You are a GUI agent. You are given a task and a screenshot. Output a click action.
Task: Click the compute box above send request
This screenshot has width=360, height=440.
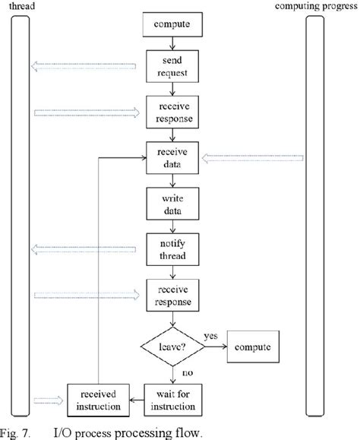173,26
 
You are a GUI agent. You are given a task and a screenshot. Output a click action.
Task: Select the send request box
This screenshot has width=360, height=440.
173,67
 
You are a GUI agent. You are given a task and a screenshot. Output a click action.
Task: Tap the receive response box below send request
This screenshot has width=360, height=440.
173,112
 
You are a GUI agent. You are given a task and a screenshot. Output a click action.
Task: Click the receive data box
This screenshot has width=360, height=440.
173,158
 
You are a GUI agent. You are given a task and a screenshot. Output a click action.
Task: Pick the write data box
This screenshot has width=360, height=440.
173,204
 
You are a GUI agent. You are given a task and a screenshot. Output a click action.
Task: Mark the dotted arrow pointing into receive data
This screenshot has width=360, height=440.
254,158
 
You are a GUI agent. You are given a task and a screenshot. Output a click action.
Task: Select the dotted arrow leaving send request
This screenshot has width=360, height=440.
84,67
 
